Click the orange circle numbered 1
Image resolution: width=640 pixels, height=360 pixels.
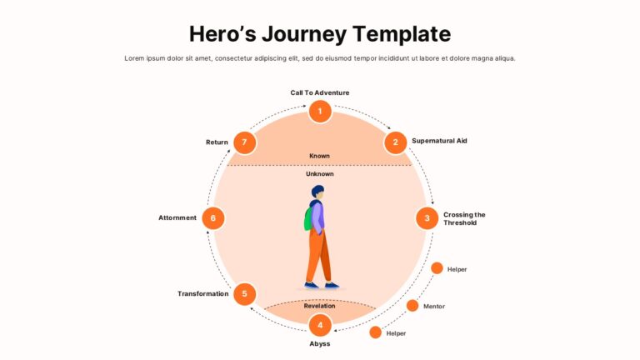(x=320, y=111)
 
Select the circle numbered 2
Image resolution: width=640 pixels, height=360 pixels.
(x=395, y=142)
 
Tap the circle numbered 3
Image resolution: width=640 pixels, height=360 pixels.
(x=427, y=218)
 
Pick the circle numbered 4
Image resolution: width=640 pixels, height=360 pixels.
(x=320, y=325)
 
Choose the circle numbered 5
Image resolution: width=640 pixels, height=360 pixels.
(x=244, y=294)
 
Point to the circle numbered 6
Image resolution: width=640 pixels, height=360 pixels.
(x=213, y=218)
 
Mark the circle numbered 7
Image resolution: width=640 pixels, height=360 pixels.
(x=244, y=142)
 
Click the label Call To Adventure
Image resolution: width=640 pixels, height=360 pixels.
(x=320, y=92)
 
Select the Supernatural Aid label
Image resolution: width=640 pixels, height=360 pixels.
(x=439, y=141)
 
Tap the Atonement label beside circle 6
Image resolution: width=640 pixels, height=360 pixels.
(x=177, y=218)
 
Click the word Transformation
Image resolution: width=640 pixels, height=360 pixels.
(x=202, y=294)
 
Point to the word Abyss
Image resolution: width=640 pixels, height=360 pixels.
(x=320, y=343)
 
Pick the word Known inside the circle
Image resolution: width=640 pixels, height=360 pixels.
(x=320, y=156)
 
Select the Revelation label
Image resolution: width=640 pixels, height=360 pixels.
(x=320, y=306)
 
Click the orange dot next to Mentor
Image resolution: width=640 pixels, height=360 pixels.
(x=412, y=305)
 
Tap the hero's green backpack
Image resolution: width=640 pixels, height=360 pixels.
(x=308, y=219)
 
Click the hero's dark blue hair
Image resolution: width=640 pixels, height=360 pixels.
(x=317, y=191)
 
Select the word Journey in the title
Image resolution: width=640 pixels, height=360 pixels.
(x=304, y=34)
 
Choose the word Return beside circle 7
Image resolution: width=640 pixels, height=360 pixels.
(x=217, y=142)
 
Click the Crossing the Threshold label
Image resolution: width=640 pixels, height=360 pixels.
(x=464, y=219)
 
